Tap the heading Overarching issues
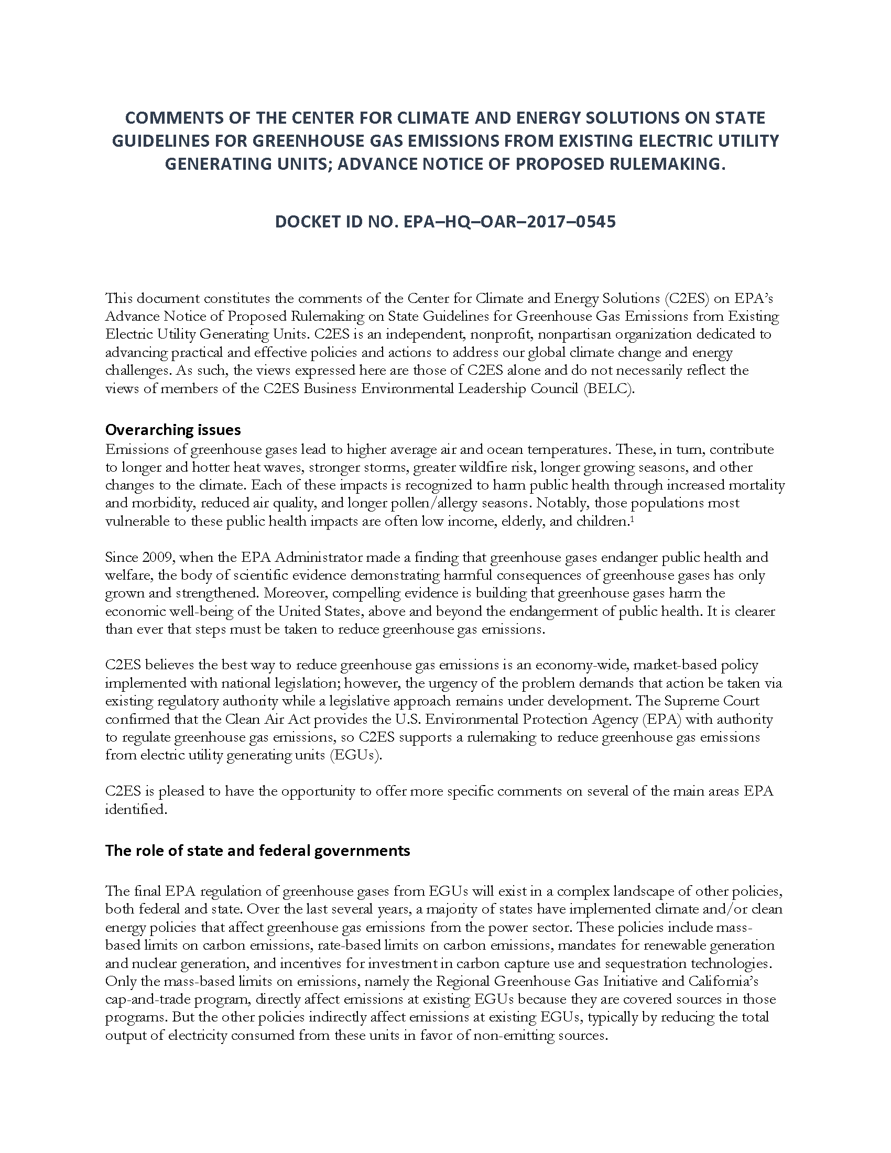173,430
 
